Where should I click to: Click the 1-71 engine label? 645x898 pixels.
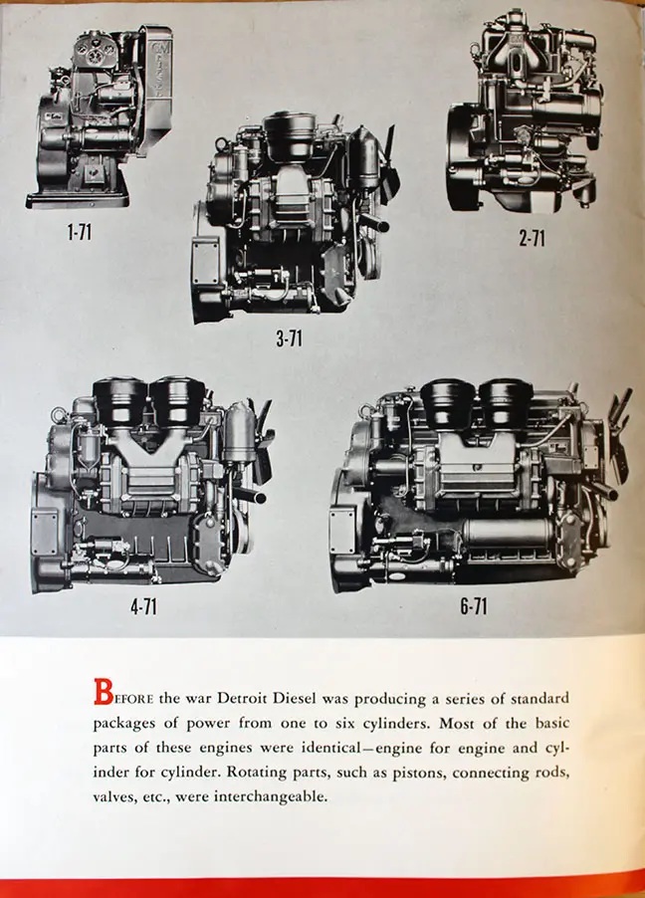click(79, 233)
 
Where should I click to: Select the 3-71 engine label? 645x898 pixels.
click(288, 339)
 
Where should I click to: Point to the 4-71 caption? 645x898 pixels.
click(143, 606)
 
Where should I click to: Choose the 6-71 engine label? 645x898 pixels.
click(474, 606)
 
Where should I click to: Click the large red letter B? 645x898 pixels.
click(103, 692)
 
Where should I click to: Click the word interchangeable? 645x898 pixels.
click(271, 796)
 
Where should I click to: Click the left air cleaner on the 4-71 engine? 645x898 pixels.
click(119, 401)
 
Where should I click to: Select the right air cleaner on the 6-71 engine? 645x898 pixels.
click(505, 401)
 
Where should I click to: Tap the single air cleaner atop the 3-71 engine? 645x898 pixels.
click(291, 135)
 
